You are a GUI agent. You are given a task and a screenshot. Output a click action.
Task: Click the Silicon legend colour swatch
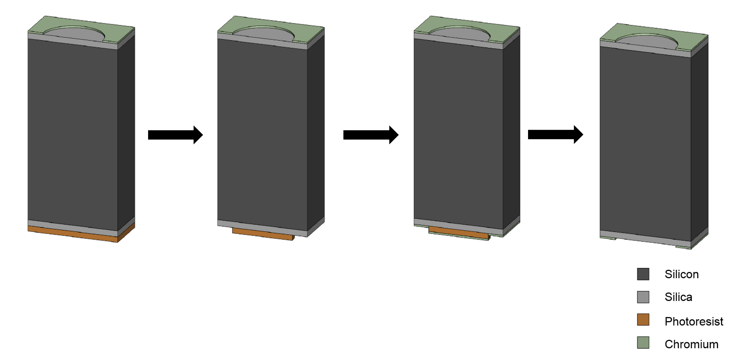tap(643, 274)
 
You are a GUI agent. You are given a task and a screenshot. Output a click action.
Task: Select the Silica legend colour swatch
tap(643, 297)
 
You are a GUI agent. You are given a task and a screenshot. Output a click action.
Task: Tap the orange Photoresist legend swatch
tap(643, 320)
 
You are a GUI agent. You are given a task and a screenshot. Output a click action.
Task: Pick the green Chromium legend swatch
tap(643, 342)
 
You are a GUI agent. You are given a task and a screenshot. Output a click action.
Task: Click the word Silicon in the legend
tap(681, 274)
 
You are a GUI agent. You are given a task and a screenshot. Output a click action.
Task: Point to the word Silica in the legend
tap(678, 297)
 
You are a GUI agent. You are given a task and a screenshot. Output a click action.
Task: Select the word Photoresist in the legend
tap(694, 322)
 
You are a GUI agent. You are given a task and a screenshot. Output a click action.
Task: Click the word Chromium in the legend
tap(691, 344)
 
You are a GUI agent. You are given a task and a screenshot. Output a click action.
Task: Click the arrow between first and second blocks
tap(175, 135)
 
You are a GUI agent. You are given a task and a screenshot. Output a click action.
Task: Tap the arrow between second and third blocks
tap(370, 135)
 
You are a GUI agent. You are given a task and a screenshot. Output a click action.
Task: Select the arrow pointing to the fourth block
tap(555, 134)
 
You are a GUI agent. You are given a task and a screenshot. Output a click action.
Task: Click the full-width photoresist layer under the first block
tap(72, 234)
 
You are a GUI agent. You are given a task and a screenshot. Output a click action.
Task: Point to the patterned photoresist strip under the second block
tap(263, 234)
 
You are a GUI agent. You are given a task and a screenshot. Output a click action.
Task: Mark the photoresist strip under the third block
tap(459, 233)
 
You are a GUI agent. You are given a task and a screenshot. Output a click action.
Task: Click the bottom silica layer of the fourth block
tap(645, 237)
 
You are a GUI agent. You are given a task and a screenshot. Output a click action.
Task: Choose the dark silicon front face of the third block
tap(458, 129)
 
